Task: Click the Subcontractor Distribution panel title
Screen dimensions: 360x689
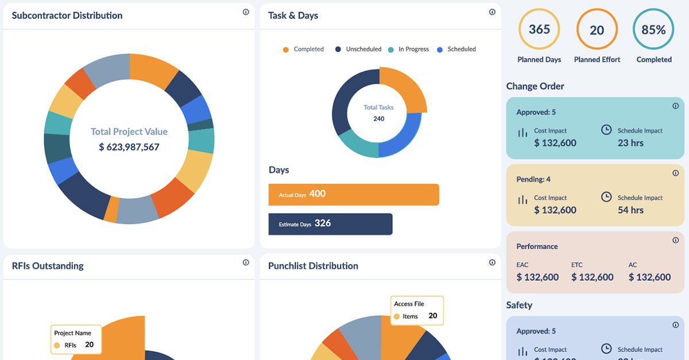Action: click(67, 16)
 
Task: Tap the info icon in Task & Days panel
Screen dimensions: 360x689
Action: click(492, 12)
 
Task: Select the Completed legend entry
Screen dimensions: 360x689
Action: click(303, 49)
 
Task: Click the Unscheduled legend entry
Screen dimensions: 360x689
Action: click(358, 49)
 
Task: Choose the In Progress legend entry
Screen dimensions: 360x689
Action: click(408, 49)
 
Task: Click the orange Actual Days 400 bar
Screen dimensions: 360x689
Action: click(354, 195)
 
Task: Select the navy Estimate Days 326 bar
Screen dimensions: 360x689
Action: click(330, 224)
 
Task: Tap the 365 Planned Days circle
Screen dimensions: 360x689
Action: click(539, 30)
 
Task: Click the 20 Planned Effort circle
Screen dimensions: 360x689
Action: click(597, 30)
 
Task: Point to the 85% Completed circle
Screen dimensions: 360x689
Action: click(653, 30)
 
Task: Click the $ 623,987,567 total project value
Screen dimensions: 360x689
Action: click(129, 147)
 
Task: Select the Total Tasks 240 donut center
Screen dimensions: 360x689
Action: click(379, 113)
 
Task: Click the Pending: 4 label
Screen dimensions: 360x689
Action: click(533, 179)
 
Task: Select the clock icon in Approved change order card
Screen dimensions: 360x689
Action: click(606, 130)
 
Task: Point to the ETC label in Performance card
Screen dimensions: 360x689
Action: click(576, 265)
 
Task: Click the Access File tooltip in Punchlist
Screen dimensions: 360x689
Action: click(417, 310)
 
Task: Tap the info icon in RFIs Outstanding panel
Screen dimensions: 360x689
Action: click(246, 262)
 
